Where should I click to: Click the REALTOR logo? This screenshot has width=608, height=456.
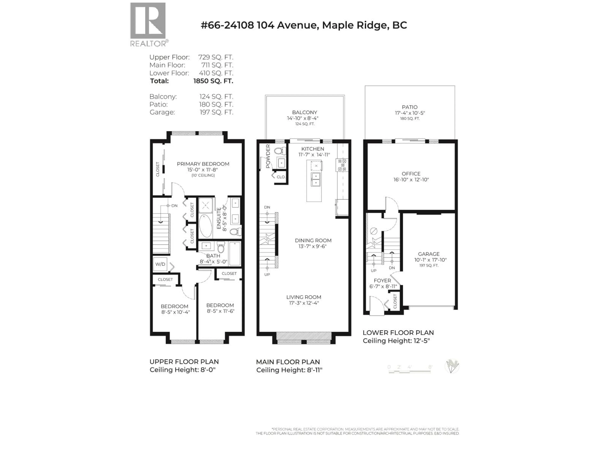coord(149,25)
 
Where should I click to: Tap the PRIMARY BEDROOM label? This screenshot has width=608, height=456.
coord(203,164)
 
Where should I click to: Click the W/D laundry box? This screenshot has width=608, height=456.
coord(160,264)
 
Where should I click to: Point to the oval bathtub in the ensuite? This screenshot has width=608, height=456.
coord(205,226)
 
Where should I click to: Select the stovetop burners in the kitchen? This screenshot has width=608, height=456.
coord(342,165)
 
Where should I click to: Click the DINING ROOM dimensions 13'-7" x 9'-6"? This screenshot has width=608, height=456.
coord(313,246)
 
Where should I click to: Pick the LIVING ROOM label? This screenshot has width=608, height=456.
coord(304,297)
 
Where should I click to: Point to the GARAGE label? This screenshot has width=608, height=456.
coord(429,254)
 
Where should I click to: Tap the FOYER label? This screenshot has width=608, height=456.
coord(382,281)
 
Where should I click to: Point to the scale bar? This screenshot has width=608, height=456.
coord(410,371)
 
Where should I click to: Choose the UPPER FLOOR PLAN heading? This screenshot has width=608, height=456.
coord(184,362)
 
